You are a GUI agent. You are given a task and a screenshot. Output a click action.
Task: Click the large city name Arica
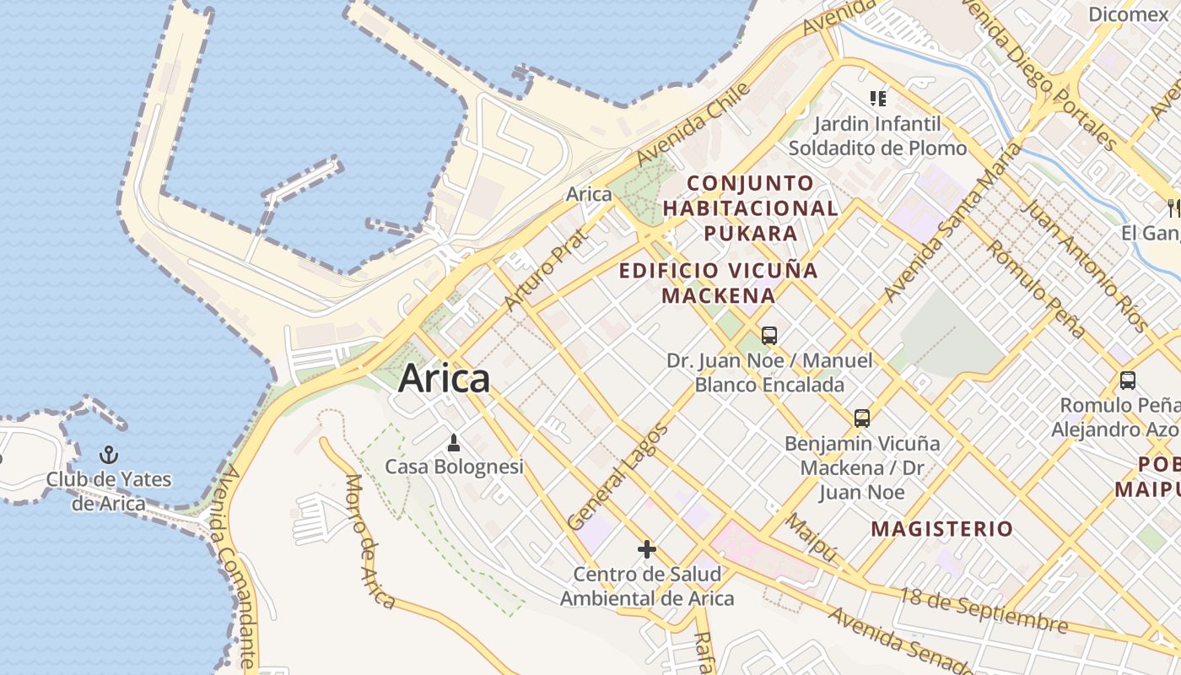click(x=444, y=378)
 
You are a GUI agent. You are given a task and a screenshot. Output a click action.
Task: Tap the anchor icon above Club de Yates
click(x=108, y=456)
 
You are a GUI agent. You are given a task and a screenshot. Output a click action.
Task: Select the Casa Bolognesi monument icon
click(x=454, y=442)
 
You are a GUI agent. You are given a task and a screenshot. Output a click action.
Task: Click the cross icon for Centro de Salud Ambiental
click(x=647, y=550)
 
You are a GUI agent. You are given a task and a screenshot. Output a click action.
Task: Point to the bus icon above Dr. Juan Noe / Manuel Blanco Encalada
click(x=769, y=336)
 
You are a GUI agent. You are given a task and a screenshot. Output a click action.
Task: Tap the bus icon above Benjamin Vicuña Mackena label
click(x=861, y=418)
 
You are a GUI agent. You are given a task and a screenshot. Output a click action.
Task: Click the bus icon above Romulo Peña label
click(x=1128, y=380)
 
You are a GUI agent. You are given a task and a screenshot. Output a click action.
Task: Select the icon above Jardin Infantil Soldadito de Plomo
click(x=878, y=99)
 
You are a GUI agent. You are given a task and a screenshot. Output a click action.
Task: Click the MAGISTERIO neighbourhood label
click(x=942, y=529)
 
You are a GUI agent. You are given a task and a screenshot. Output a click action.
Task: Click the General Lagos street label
click(x=618, y=477)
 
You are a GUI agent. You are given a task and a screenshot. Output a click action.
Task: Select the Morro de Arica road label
click(x=369, y=541)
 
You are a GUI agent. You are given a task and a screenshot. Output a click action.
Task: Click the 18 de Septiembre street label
click(x=984, y=611)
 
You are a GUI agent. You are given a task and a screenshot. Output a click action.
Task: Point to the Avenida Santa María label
click(x=953, y=223)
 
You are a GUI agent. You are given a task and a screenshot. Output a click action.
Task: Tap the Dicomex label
click(x=1128, y=14)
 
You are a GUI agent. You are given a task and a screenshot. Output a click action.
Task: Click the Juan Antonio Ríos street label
click(x=1085, y=266)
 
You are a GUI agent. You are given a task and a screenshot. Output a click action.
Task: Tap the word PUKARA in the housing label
click(x=750, y=233)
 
